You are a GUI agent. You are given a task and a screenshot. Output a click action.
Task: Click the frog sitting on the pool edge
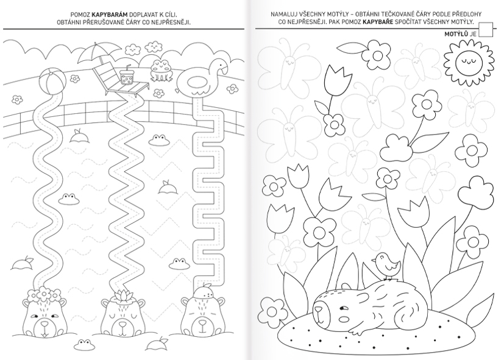(x=162, y=71)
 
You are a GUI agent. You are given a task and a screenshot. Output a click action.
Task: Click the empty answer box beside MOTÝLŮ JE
(x=485, y=30)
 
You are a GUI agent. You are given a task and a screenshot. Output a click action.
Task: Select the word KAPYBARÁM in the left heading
(x=110, y=15)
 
